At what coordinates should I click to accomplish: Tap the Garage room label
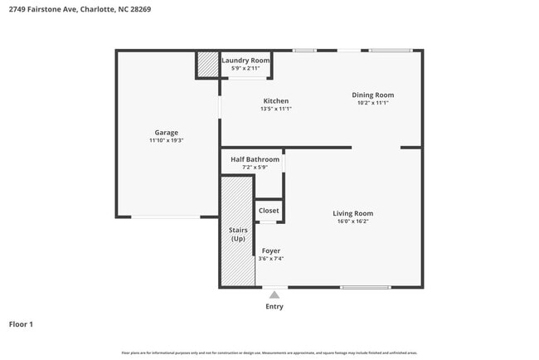click(166, 133)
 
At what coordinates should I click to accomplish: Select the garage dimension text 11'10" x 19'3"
click(166, 141)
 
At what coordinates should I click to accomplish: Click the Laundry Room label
click(246, 60)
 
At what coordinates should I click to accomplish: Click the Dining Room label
click(372, 95)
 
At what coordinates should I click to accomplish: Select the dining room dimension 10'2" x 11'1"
click(372, 103)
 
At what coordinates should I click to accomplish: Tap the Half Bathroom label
click(249, 159)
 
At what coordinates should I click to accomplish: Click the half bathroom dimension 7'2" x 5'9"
click(249, 168)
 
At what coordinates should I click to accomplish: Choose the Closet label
click(269, 211)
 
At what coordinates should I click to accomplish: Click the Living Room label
click(352, 213)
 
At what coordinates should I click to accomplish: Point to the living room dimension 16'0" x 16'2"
click(352, 221)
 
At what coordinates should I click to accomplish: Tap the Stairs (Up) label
click(237, 234)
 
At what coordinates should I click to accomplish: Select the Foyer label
click(271, 251)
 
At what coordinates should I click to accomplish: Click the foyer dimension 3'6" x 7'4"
click(271, 259)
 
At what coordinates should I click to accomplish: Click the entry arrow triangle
click(274, 294)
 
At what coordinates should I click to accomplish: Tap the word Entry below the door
click(274, 307)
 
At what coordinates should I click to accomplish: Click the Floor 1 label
click(21, 324)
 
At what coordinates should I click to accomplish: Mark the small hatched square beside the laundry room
click(206, 65)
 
